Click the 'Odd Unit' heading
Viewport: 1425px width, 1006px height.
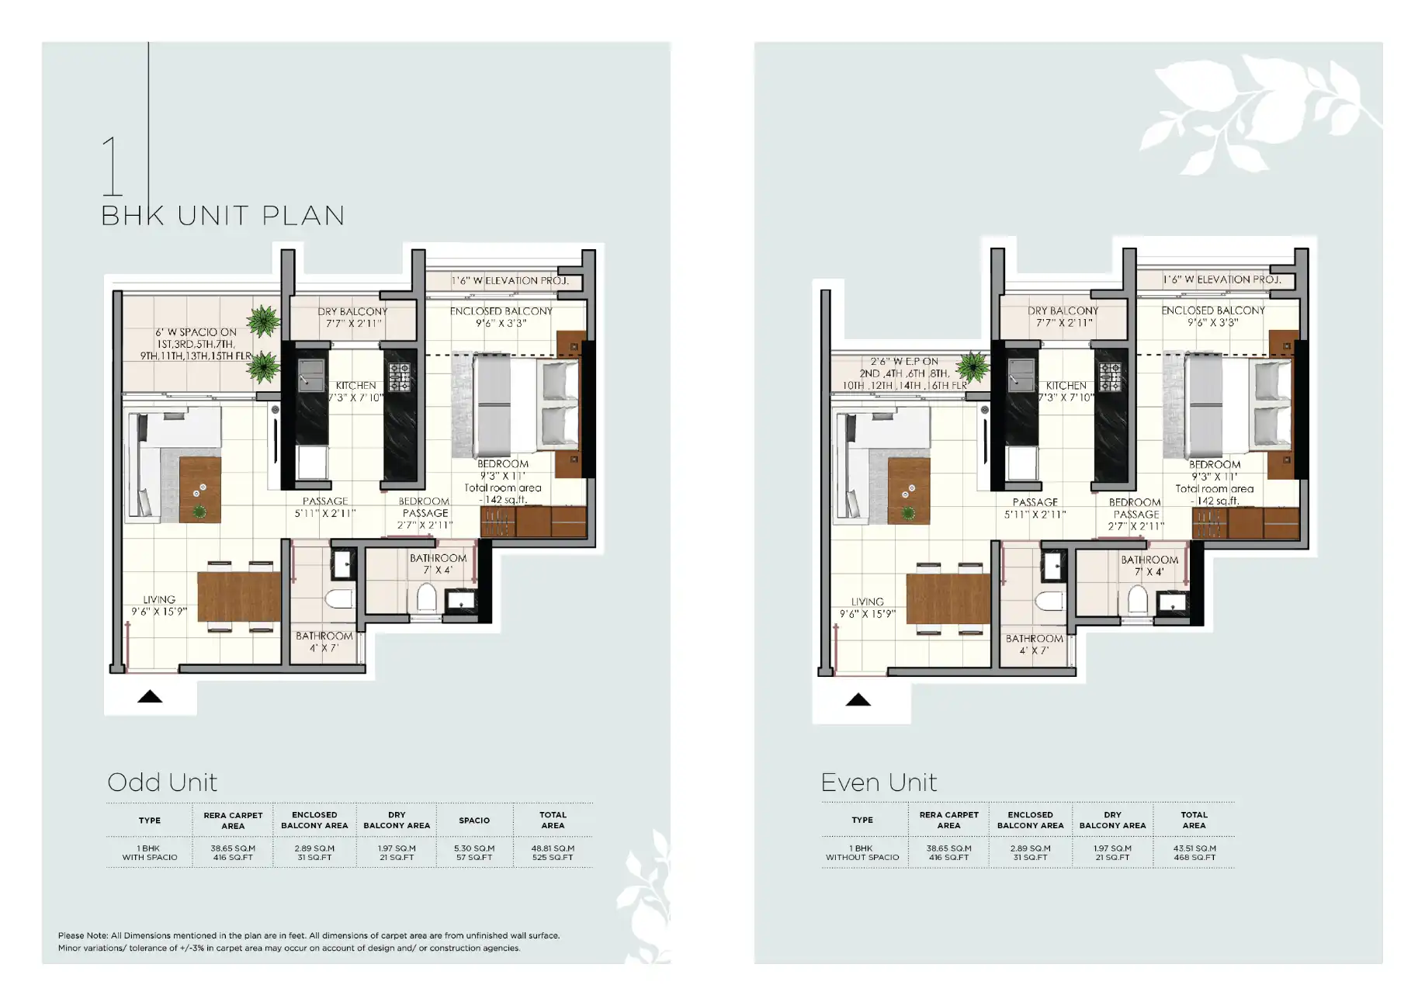(x=162, y=782)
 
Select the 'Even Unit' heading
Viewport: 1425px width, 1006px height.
(x=879, y=782)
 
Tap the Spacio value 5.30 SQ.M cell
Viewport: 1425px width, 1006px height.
(x=474, y=848)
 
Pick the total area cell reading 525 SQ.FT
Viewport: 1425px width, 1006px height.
(x=553, y=858)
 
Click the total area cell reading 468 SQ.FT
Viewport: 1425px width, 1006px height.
(x=1194, y=858)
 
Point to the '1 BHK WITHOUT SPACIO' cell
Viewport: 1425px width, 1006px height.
(x=862, y=853)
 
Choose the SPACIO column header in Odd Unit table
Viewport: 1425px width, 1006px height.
(x=474, y=820)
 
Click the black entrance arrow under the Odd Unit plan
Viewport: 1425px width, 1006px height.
(x=150, y=696)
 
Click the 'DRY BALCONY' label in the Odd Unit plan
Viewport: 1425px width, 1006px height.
(x=352, y=311)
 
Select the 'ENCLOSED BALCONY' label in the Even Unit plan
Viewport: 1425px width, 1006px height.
(x=1213, y=310)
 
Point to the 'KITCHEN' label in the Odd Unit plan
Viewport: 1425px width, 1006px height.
(x=355, y=385)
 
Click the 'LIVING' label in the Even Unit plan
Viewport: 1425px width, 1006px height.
(x=867, y=602)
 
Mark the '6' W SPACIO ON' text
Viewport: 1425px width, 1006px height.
(x=196, y=332)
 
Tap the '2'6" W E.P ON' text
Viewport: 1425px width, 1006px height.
(x=904, y=362)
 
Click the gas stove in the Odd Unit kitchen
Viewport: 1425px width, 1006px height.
(x=399, y=376)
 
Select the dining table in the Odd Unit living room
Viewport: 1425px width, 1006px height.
(x=239, y=596)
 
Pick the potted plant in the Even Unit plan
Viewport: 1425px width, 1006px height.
(x=972, y=366)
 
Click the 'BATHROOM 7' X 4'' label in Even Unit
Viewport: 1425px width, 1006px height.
(x=1149, y=566)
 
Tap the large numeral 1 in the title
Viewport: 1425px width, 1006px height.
(x=113, y=166)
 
